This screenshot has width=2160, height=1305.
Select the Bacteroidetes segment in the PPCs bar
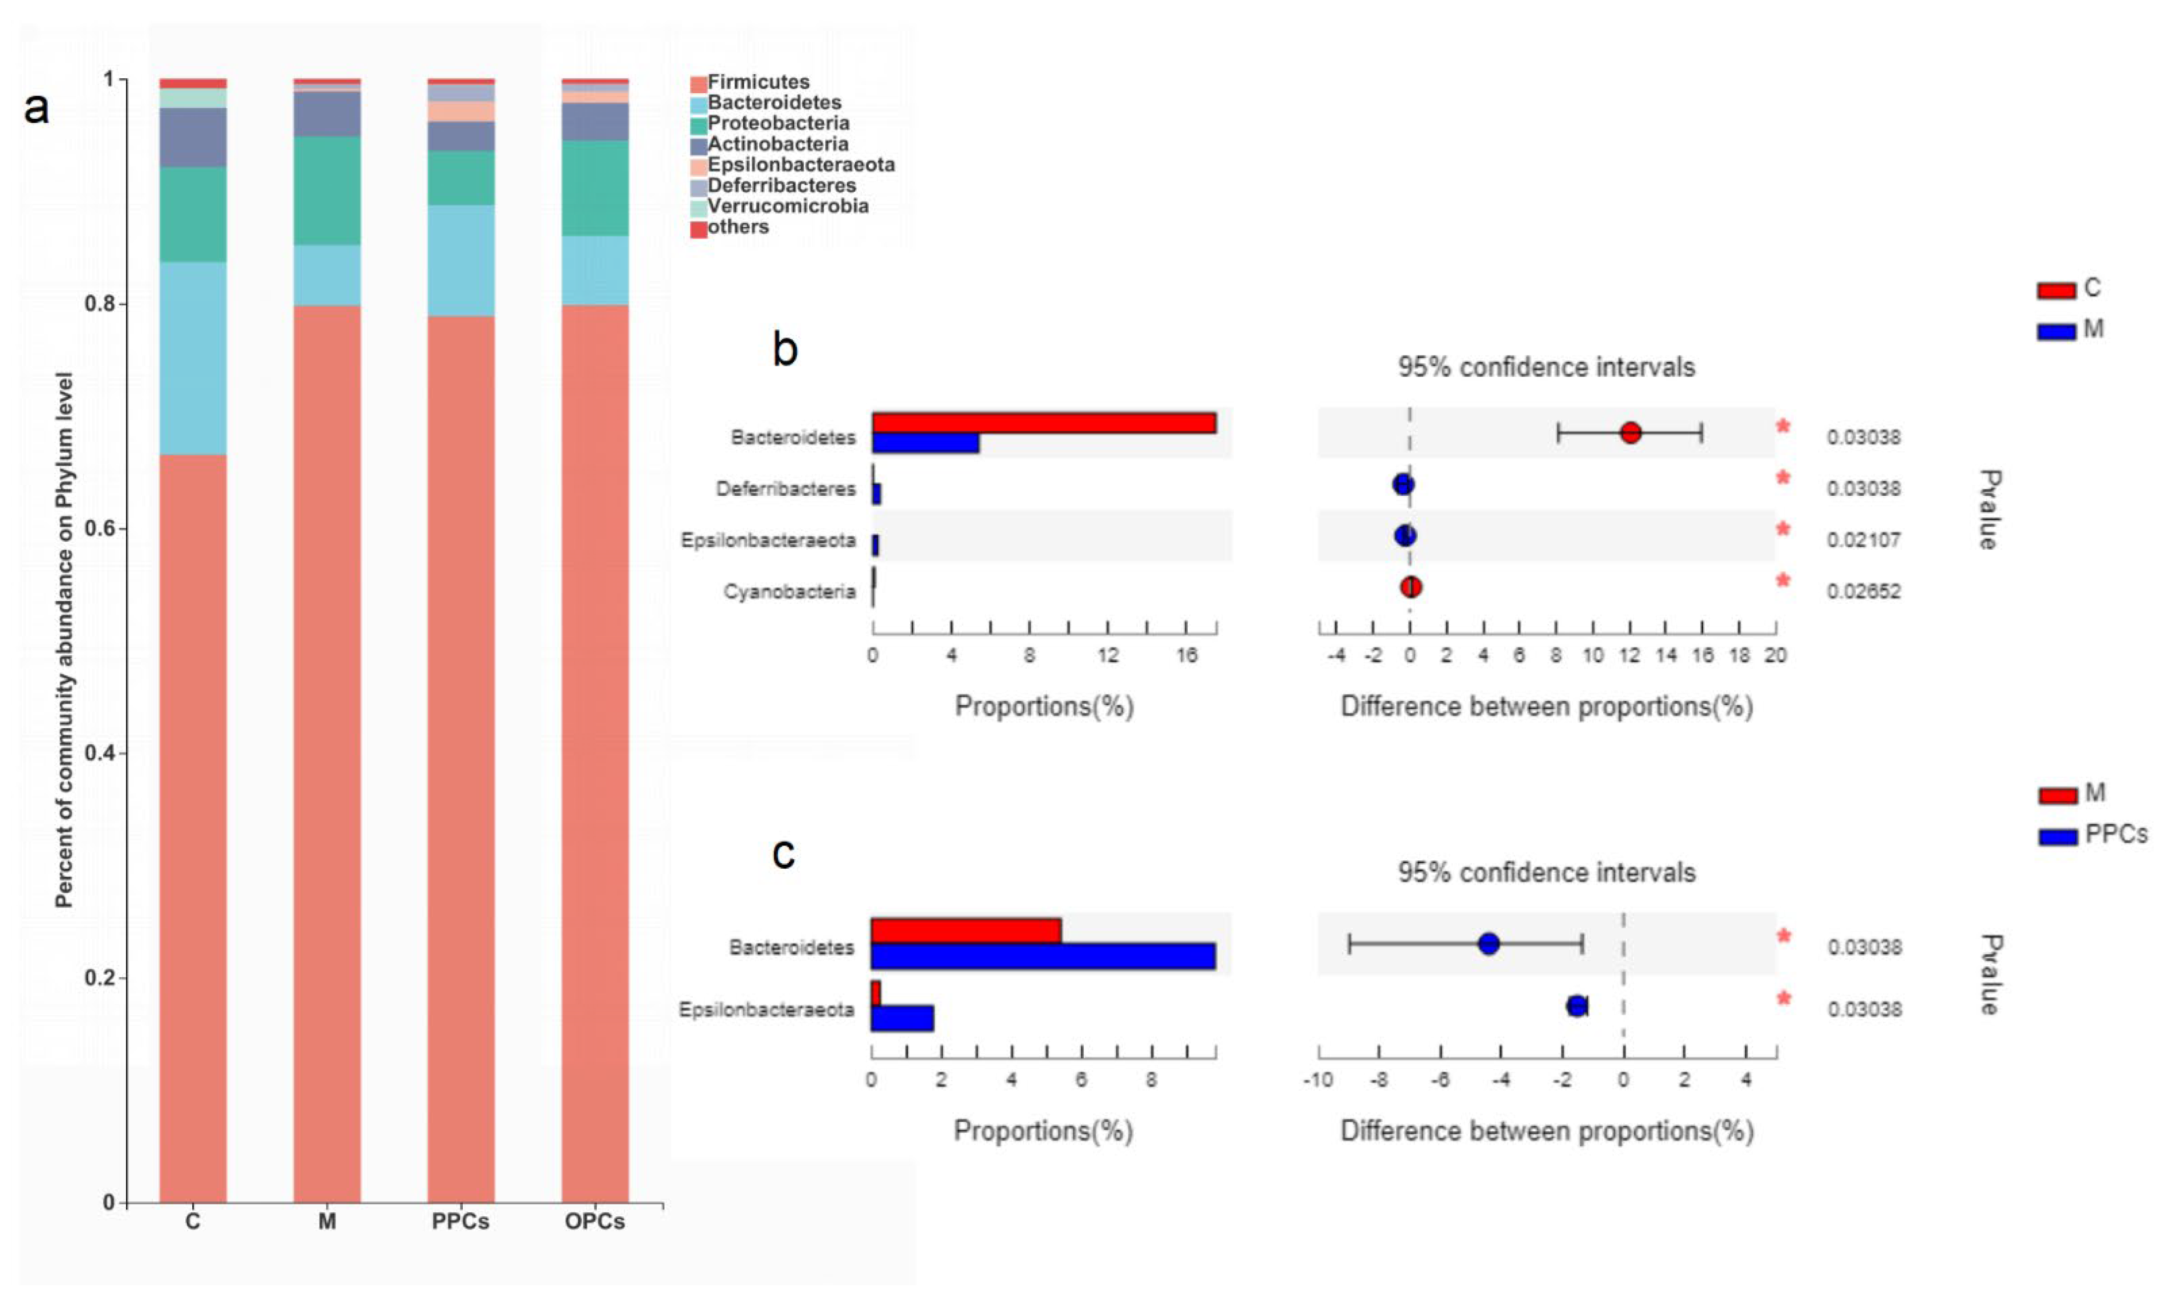(461, 261)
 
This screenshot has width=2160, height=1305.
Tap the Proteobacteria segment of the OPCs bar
(595, 188)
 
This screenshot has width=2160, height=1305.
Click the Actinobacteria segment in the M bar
(327, 114)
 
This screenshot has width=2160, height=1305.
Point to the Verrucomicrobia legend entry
(787, 206)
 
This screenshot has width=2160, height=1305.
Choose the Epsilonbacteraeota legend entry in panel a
(800, 165)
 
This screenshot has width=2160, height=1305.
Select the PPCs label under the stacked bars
(460, 1222)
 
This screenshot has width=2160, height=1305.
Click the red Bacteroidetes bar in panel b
(1043, 422)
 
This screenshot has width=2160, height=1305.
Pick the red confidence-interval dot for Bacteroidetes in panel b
(1630, 432)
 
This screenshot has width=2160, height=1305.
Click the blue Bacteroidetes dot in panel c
(1489, 944)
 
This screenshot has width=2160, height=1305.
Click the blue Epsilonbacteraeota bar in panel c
(902, 1018)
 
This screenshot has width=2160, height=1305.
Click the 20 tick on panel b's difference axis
(1775, 656)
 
